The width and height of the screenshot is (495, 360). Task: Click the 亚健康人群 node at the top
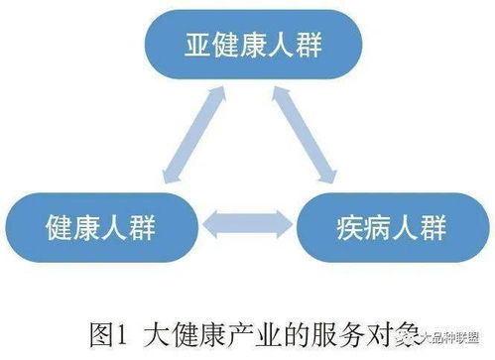pyautogui.click(x=247, y=46)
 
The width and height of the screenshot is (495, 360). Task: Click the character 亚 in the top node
pyautogui.click(x=195, y=46)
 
